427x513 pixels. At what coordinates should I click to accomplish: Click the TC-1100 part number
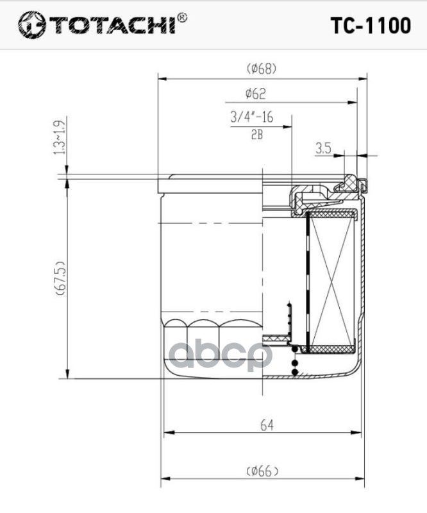pos(371,26)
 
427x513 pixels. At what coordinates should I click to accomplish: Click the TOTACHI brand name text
pos(113,24)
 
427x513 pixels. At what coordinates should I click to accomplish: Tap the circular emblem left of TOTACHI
pos(32,24)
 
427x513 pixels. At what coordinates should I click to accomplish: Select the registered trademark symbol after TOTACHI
pos(182,18)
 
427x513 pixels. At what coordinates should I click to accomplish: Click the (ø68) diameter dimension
pos(262,69)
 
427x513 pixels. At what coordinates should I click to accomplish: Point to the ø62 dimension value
pos(256,94)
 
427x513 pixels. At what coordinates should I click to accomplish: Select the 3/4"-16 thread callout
pos(251,117)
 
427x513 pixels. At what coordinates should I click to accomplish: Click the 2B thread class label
pos(257,135)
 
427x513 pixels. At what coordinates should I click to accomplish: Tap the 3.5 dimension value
pos(323,149)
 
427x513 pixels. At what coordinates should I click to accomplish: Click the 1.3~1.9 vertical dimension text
pos(60,137)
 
